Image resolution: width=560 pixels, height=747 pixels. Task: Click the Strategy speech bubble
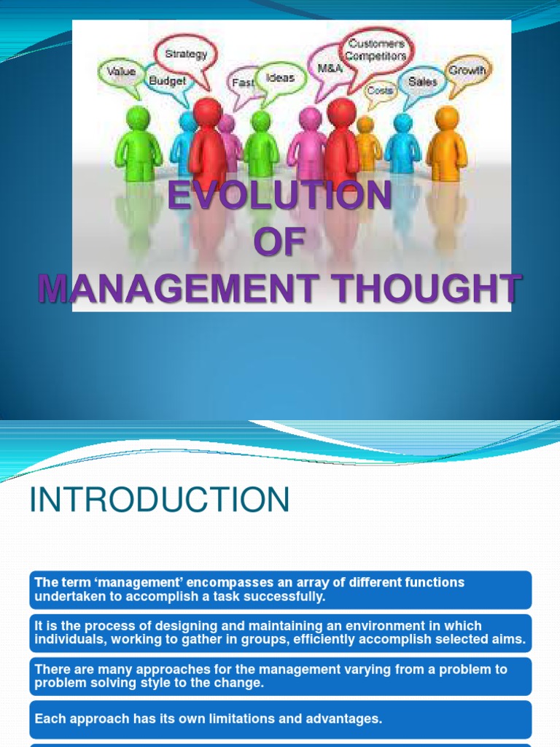pyautogui.click(x=186, y=54)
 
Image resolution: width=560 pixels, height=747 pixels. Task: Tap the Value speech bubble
pyautogui.click(x=121, y=72)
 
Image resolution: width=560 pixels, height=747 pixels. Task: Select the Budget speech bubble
pyautogui.click(x=168, y=81)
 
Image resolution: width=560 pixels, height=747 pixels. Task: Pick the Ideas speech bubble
pyautogui.click(x=280, y=77)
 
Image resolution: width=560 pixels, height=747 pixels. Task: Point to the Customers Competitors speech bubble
pyautogui.click(x=376, y=50)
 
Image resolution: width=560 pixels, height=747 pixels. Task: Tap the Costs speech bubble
pyautogui.click(x=380, y=90)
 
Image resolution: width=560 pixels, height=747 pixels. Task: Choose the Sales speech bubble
pyautogui.click(x=422, y=82)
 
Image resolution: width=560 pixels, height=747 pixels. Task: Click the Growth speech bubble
pyautogui.click(x=467, y=71)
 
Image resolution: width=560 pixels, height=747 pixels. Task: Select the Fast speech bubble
pyautogui.click(x=243, y=83)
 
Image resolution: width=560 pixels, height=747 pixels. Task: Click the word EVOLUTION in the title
pyautogui.click(x=280, y=197)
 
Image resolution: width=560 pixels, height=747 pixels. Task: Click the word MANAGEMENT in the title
pyautogui.click(x=178, y=289)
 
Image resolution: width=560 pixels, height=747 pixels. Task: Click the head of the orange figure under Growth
pyautogui.click(x=446, y=117)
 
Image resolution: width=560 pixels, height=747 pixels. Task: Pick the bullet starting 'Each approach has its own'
pyautogui.click(x=208, y=719)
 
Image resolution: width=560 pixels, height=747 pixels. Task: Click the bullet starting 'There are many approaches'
pyautogui.click(x=281, y=676)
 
